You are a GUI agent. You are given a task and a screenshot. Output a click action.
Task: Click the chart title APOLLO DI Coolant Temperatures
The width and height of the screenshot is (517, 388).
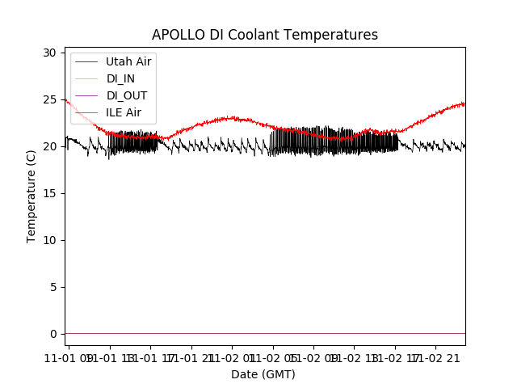click(x=265, y=35)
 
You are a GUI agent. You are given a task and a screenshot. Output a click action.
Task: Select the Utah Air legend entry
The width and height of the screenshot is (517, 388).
click(x=128, y=61)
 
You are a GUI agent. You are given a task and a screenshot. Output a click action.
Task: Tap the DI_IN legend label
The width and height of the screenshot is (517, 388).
click(x=121, y=78)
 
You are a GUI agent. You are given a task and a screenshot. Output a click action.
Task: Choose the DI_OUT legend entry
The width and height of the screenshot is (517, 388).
click(x=126, y=95)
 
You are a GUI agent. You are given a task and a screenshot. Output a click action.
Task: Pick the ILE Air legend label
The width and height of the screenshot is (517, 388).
click(x=124, y=112)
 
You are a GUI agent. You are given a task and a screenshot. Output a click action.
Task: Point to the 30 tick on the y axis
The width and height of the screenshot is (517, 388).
click(x=50, y=53)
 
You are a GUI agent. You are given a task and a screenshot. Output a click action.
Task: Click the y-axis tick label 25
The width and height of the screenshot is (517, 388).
click(x=50, y=99)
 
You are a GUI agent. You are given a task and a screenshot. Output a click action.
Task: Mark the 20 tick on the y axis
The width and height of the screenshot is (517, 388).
click(x=50, y=146)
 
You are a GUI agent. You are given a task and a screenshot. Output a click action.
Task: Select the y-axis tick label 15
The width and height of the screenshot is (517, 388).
click(x=50, y=193)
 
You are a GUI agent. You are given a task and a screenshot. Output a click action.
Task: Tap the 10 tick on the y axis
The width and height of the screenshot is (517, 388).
click(x=50, y=240)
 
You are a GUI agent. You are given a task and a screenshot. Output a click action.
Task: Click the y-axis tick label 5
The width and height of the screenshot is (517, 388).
click(x=53, y=287)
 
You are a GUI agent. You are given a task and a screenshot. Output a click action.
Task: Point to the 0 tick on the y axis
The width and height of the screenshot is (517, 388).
click(x=53, y=334)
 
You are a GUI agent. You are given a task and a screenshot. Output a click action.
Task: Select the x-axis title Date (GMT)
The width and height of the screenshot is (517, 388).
click(x=263, y=374)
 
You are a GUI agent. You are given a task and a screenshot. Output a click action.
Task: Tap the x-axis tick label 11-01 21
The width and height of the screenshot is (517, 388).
click(x=191, y=358)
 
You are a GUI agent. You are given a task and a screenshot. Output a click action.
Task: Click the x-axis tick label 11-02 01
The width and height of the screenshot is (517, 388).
click(x=232, y=358)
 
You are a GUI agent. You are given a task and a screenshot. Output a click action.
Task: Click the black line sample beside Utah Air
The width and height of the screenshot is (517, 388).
click(x=87, y=61)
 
